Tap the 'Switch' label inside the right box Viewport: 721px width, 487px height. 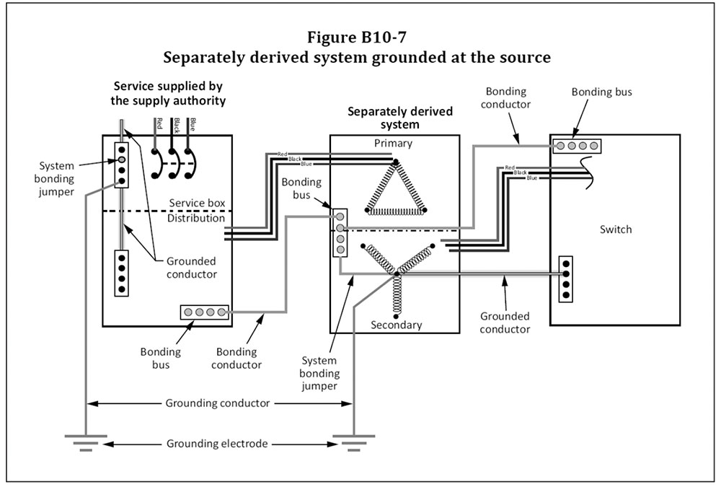coord(615,229)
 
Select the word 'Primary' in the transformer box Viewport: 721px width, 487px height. coord(393,143)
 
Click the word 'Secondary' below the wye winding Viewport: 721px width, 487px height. coord(395,325)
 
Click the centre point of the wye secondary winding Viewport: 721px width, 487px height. coord(396,273)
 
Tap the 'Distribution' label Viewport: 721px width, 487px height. coord(196,218)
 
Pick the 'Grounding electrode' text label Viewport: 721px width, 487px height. coord(217,444)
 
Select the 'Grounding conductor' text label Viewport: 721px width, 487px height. coord(217,403)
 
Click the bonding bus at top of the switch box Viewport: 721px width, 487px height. coord(576,146)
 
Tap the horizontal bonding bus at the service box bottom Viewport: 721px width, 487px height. coord(205,312)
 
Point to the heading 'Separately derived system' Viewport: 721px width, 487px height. coord(399,118)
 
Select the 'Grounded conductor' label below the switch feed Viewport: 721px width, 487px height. coord(505,323)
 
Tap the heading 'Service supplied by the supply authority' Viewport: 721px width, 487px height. coord(168,94)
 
